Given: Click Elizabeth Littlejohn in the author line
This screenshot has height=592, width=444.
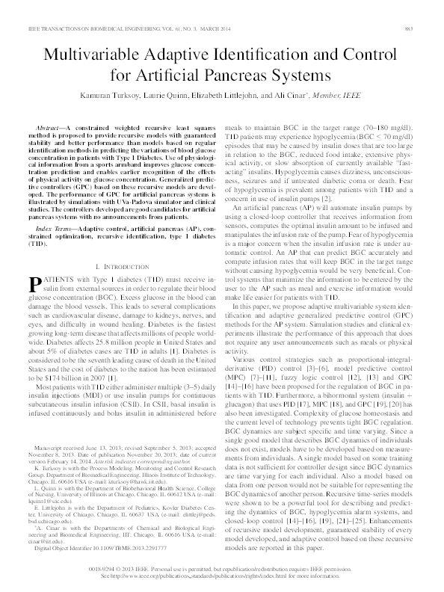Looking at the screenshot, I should click(x=263, y=98).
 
